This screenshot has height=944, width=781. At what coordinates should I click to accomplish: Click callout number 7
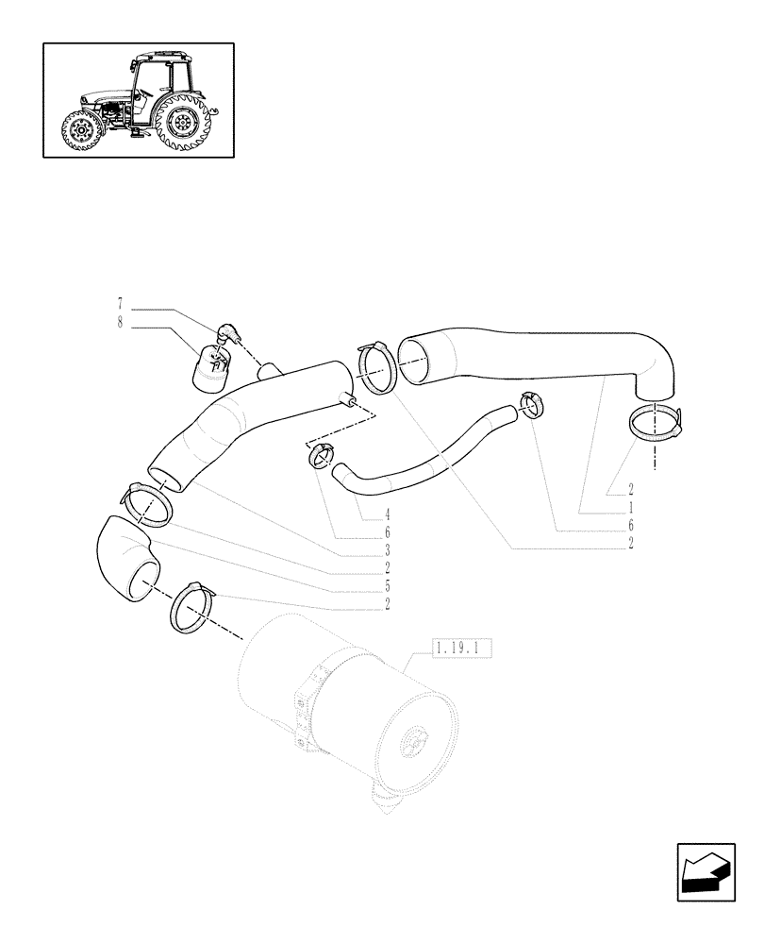point(120,305)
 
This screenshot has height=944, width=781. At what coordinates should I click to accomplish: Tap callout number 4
point(387,515)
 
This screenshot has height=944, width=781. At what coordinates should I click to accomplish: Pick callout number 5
point(387,585)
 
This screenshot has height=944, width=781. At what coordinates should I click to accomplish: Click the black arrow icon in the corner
point(706,874)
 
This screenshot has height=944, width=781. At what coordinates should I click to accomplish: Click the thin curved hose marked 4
point(424,454)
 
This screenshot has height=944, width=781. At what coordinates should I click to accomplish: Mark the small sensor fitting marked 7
point(229,333)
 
